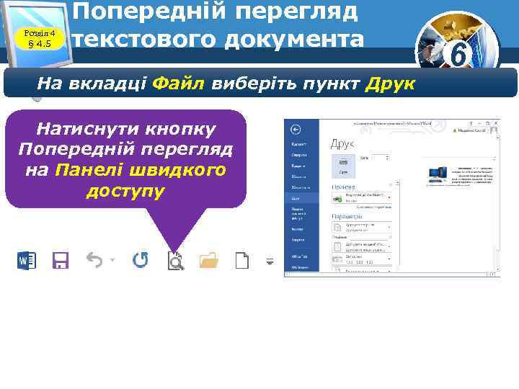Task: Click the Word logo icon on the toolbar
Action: tap(26, 261)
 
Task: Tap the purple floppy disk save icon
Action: tap(60, 261)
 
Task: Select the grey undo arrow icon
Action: tap(94, 260)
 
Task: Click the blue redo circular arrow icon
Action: tap(140, 260)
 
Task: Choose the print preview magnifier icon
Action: tap(175, 261)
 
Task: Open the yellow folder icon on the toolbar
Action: tap(208, 260)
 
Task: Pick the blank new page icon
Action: tap(241, 260)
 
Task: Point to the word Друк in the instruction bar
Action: tap(391, 84)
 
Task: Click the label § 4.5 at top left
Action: tap(40, 45)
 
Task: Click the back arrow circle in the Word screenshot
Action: tap(295, 130)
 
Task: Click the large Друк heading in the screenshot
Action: tap(342, 144)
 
